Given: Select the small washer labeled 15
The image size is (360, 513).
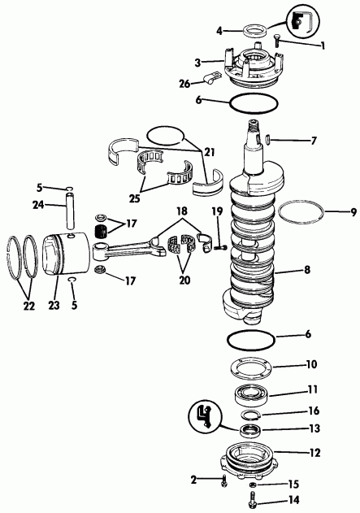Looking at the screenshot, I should point(253,485).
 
